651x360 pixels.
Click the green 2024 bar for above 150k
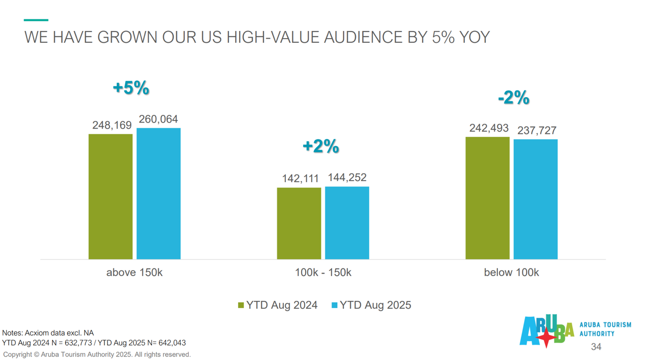tap(110, 197)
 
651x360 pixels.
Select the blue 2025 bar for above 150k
tap(158, 194)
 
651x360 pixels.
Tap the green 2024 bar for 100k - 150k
tap(299, 223)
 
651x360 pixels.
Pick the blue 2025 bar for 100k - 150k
tap(347, 223)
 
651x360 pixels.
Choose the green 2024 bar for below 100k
tap(487, 198)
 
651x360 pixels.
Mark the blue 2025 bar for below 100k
tap(536, 199)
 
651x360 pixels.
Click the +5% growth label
tap(131, 88)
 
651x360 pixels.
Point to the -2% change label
tap(514, 98)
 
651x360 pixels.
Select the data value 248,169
tap(112, 125)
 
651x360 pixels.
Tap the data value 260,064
tap(158, 119)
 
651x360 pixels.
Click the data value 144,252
tap(347, 177)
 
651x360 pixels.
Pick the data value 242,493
tap(489, 128)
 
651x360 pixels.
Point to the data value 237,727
tap(537, 131)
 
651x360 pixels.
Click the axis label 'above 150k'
tap(134, 273)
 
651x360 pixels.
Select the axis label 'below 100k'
tap(511, 273)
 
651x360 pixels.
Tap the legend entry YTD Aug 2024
tap(278, 305)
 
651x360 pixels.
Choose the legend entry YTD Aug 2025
tap(371, 305)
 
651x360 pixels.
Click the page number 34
tap(596, 347)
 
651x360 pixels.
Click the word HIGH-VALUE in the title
tap(273, 37)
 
